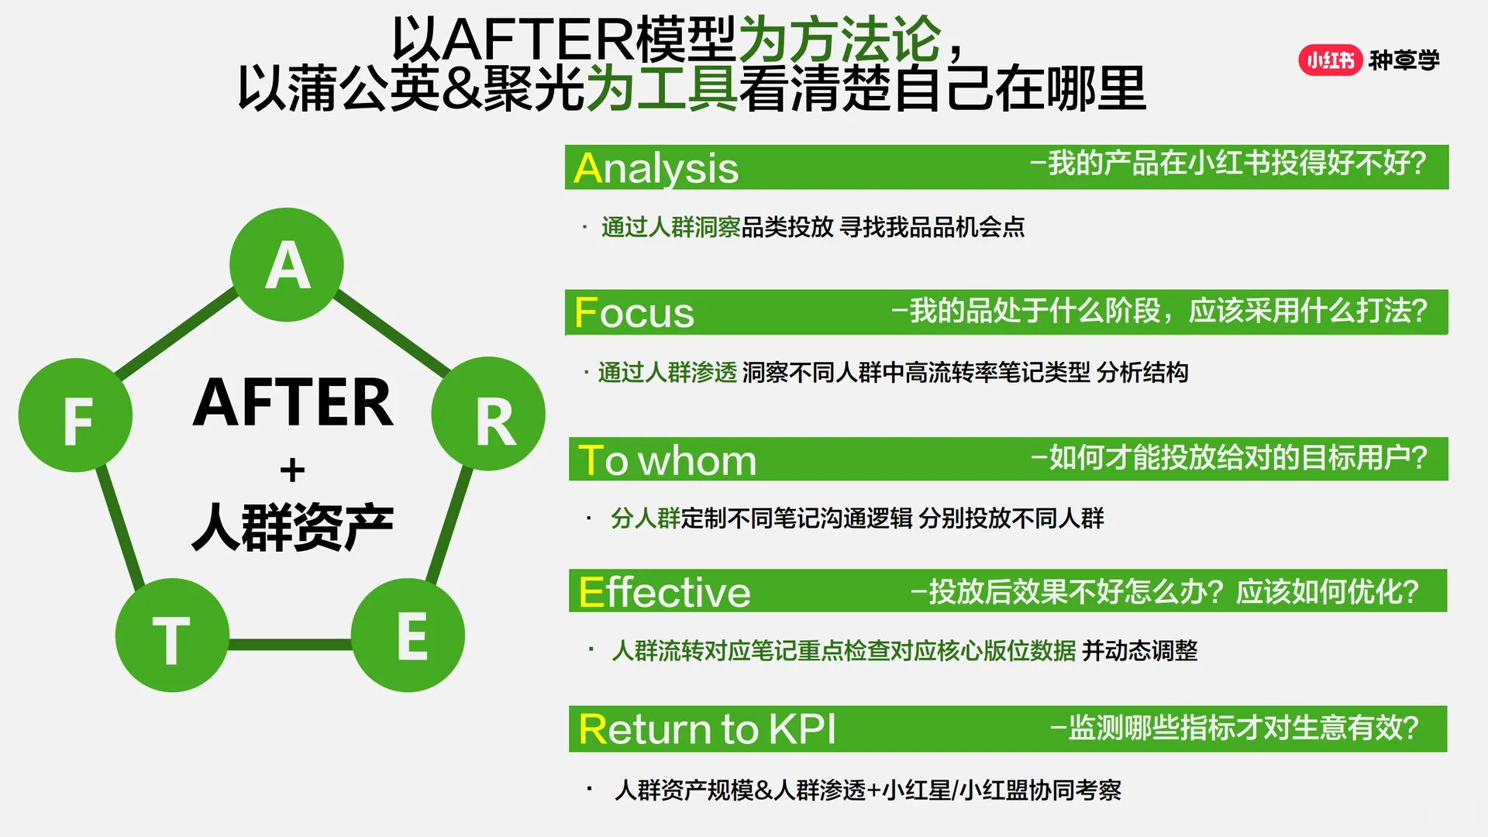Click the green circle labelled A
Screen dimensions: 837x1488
(x=287, y=264)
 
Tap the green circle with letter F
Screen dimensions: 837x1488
(x=76, y=415)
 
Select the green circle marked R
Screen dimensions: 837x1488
(x=488, y=415)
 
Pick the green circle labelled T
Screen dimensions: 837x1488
(x=172, y=635)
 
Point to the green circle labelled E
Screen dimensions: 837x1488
(x=408, y=635)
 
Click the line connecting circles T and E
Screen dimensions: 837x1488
(x=291, y=644)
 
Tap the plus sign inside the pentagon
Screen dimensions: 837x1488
(x=292, y=470)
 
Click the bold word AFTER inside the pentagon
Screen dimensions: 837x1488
(x=293, y=403)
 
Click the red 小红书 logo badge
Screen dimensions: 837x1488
(x=1330, y=60)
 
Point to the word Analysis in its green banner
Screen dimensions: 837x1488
(x=656, y=168)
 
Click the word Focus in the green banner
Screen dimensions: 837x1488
(x=634, y=313)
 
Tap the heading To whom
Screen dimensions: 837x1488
(x=667, y=460)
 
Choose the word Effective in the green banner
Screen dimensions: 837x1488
(x=664, y=592)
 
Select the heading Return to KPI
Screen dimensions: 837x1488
(x=707, y=729)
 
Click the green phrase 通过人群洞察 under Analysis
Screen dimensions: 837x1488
(x=671, y=227)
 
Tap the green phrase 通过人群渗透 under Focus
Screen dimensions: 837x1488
(x=668, y=373)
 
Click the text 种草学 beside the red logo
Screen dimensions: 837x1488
(x=1404, y=60)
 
